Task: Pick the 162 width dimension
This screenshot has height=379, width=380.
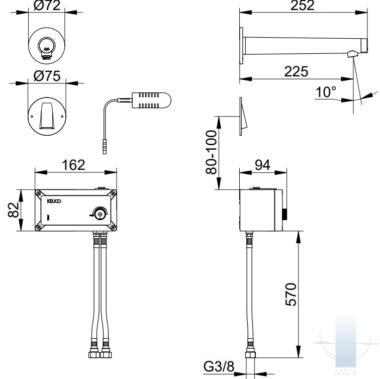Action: tap(73, 165)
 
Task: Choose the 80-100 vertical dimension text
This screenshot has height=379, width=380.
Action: tap(212, 152)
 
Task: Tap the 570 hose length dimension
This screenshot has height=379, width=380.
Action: tap(290, 294)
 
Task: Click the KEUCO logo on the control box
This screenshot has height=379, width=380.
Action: tap(53, 201)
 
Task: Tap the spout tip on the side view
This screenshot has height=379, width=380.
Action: tap(353, 53)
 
